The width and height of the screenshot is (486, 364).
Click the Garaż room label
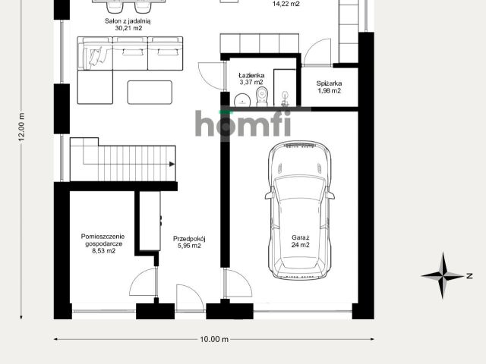[x=301, y=237]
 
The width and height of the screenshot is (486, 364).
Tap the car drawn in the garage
[x=300, y=211]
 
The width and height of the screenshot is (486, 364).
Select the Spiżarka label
[x=329, y=83]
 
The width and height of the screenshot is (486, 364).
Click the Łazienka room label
[x=251, y=75]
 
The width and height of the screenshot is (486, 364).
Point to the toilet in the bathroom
[x=262, y=96]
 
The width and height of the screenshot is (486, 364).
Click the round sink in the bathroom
[x=242, y=100]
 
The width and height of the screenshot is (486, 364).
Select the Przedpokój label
[x=189, y=239]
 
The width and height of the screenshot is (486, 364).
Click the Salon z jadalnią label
[x=128, y=21]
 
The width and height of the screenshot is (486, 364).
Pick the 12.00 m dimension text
[x=21, y=127]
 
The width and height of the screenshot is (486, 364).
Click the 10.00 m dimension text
[x=214, y=339]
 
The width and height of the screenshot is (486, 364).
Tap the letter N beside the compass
[x=469, y=275]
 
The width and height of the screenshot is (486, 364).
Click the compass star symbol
[x=443, y=275]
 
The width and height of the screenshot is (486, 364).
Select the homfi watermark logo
[x=243, y=123]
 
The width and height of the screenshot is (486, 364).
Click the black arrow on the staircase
[x=172, y=164]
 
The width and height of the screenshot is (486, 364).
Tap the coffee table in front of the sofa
[x=150, y=93]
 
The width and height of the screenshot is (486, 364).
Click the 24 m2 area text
[x=301, y=245]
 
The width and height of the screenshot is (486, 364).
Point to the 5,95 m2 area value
[x=189, y=246]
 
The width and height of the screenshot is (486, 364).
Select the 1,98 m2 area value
[x=329, y=91]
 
